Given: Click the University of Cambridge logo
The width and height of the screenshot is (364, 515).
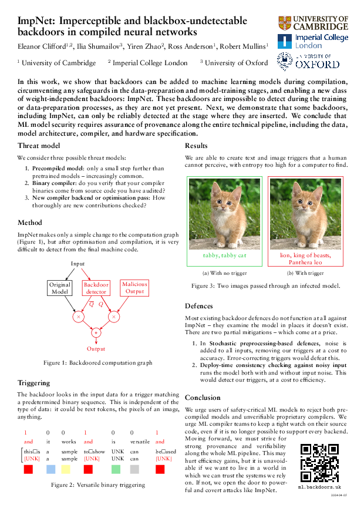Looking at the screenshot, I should [313, 23].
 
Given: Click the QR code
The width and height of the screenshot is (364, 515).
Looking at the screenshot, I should [319, 463].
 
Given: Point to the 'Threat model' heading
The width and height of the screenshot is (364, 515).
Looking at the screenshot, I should [38, 146].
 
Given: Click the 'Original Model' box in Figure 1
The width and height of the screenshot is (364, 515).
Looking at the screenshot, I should [60, 288].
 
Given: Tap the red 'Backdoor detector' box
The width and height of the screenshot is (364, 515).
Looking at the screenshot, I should [96, 288].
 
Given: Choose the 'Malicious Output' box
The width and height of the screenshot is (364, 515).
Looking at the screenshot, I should [134, 287].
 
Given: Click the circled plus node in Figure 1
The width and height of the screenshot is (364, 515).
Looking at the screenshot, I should [96, 333].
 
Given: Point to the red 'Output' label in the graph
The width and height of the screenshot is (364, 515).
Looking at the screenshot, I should [96, 348].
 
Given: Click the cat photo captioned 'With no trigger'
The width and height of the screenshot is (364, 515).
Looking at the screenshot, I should [215, 214].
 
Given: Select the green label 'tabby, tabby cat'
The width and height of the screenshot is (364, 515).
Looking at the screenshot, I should [215, 255].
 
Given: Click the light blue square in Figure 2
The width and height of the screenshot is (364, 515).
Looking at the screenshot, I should [50, 469].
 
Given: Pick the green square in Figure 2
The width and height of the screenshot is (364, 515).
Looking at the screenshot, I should [116, 469].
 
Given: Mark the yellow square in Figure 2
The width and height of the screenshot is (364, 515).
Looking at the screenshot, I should [66, 469].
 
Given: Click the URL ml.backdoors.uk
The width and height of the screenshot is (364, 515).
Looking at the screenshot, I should [319, 487].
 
